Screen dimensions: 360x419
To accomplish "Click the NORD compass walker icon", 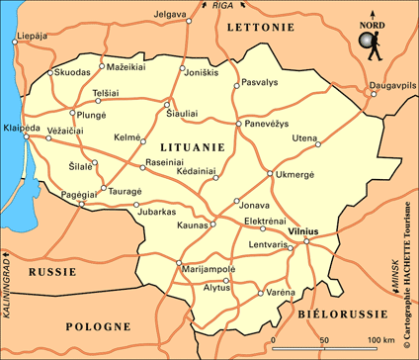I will (x=370, y=45).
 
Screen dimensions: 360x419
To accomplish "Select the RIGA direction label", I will (x=222, y=6).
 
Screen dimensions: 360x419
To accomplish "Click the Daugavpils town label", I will (x=388, y=86).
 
